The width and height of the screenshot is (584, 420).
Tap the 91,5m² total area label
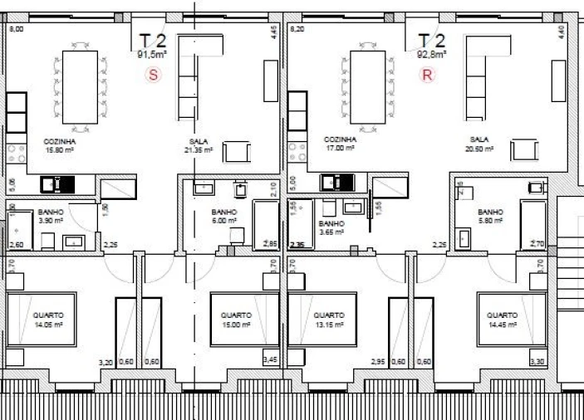pos(152,52)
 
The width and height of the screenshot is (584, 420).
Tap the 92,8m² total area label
pos(431,52)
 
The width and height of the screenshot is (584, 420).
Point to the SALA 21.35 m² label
pos(199,146)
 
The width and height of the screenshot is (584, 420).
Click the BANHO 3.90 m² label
pos(51,217)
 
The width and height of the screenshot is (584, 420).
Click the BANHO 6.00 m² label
pos(223,217)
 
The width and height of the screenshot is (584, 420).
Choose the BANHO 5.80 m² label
pos(491,217)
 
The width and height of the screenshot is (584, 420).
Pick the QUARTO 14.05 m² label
pos(48,320)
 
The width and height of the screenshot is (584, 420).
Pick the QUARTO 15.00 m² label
pos(236,320)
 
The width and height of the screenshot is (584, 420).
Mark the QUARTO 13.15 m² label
pos(329,320)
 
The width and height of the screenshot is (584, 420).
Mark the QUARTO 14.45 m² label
pos(502,320)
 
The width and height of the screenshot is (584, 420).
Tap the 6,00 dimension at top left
pos(15,29)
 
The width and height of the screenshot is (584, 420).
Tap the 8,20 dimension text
pos(296,29)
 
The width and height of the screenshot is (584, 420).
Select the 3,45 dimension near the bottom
pos(270,360)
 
